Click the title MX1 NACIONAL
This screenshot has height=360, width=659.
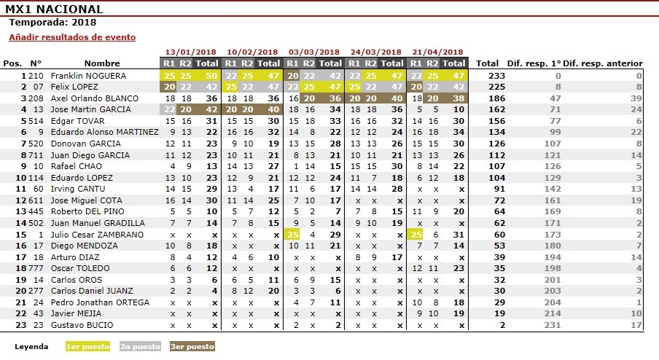pos(55,9)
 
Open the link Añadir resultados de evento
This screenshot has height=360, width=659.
pos(72,37)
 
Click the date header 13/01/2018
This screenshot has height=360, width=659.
pos(191,52)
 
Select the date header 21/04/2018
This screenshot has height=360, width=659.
pos(437,52)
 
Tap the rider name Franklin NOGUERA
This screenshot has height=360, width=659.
pos(89,76)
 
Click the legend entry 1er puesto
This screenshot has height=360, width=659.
pos(87,347)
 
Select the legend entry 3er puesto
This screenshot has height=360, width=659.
pos(192,347)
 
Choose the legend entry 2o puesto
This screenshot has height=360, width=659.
pos(140,347)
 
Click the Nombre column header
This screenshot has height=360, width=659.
pos(102,63)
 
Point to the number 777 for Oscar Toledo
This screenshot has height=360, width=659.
pos(36,268)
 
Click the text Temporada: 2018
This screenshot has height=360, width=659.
pos(47,22)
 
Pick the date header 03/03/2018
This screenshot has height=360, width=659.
pos(314,52)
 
